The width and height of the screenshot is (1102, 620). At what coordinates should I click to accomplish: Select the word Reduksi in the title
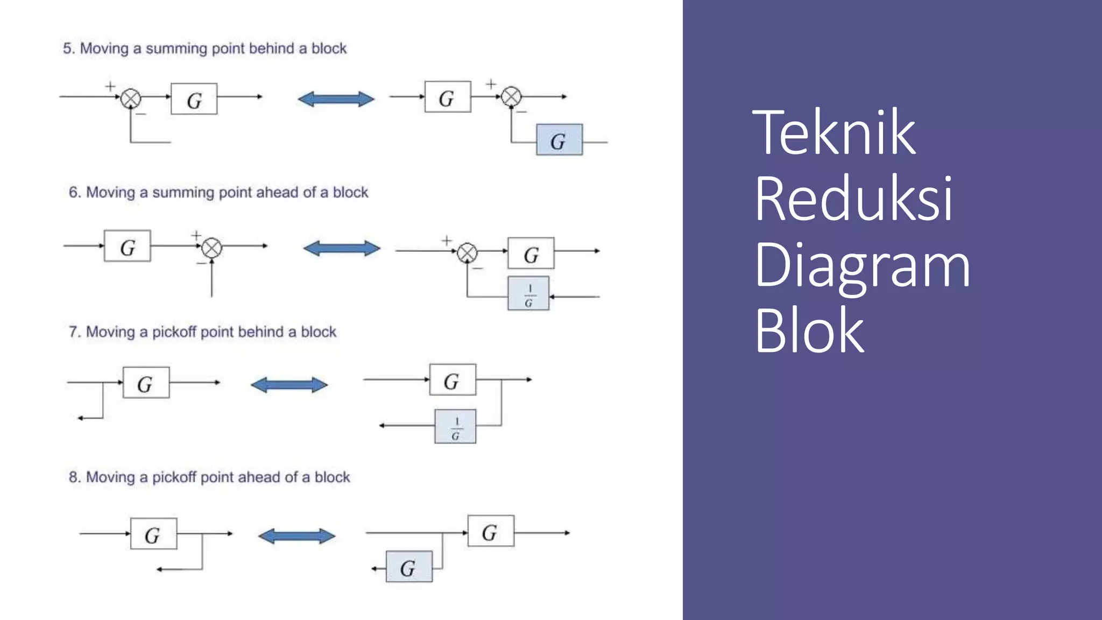click(853, 199)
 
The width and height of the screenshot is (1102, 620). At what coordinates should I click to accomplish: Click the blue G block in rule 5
click(559, 140)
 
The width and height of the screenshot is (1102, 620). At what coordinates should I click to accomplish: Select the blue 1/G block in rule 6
click(528, 293)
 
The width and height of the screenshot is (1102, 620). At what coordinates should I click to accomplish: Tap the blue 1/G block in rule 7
click(455, 426)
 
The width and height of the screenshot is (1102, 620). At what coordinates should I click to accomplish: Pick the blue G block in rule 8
click(409, 567)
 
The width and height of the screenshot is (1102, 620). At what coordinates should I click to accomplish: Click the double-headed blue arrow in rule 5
click(336, 99)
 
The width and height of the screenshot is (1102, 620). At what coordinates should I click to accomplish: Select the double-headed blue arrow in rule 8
click(296, 536)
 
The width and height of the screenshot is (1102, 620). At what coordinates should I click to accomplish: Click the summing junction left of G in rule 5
click(130, 98)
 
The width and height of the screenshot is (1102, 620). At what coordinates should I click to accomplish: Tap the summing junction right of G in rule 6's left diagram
click(211, 248)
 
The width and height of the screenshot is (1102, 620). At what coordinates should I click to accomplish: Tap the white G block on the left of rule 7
click(146, 383)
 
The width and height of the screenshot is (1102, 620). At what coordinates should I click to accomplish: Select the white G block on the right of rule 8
click(490, 531)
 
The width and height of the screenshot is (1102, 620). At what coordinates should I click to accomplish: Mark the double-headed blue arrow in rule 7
click(289, 385)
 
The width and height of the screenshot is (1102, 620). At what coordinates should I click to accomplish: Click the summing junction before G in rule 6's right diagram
click(467, 252)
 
